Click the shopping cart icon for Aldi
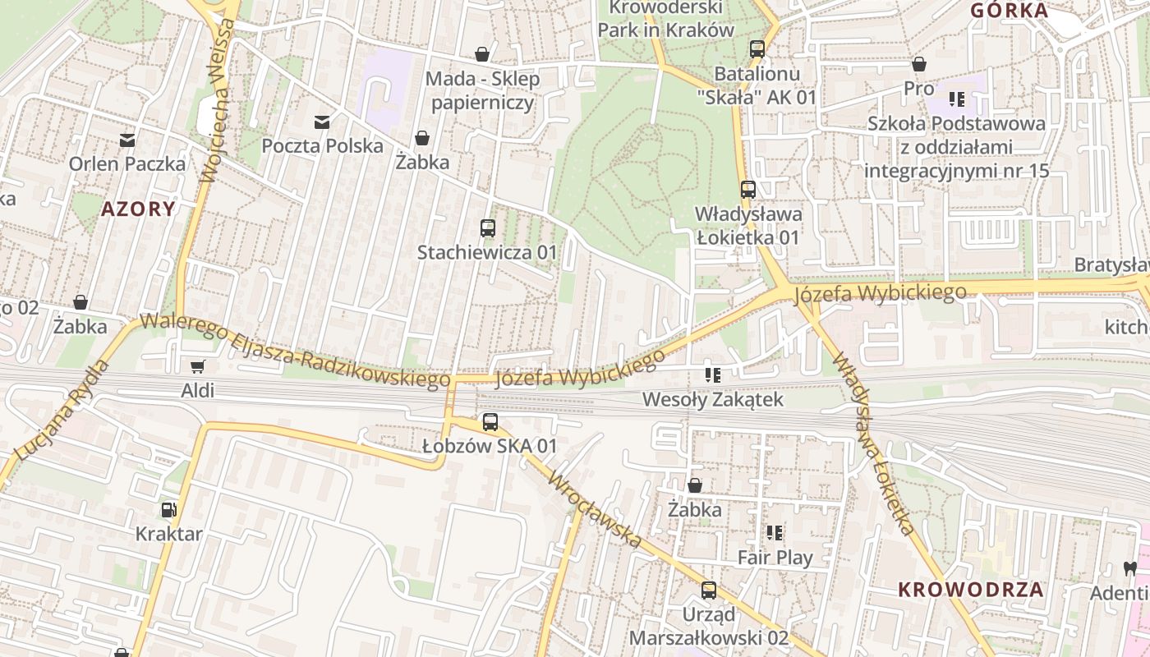tap(197, 366)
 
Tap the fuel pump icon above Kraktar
tap(168, 510)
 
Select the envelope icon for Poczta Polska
tap(322, 122)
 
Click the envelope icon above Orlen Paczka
tap(127, 140)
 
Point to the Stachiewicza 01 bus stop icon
tap(488, 228)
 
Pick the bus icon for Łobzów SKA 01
tap(490, 422)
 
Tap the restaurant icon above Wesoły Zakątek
tap(713, 376)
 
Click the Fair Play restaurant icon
tap(775, 534)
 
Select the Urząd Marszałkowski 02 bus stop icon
tap(709, 590)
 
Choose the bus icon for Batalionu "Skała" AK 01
tap(757, 49)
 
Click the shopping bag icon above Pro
tap(919, 64)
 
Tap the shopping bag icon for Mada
tap(482, 55)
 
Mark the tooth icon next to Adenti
tap(1129, 568)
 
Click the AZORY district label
tap(138, 209)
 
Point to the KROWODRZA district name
tap(971, 589)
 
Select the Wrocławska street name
tap(596, 509)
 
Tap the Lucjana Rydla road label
tap(62, 410)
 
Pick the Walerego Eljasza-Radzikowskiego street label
tap(295, 349)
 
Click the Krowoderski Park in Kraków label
tap(665, 19)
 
